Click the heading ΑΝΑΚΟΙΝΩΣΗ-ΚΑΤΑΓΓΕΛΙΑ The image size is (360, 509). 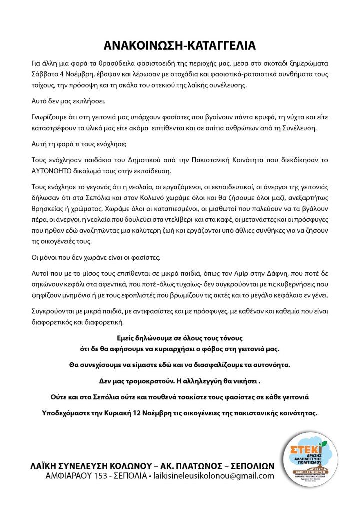point(180,45)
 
